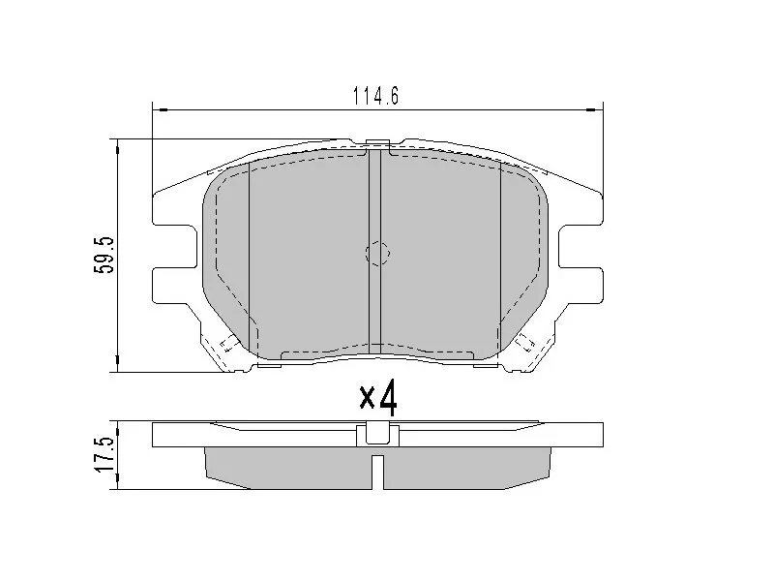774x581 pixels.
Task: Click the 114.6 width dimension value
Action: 376,96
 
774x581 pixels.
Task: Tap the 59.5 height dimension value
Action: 105,255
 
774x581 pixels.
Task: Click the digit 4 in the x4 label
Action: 386,396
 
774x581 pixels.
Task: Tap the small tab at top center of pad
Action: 377,145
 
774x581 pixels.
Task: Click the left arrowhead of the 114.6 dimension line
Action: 160,108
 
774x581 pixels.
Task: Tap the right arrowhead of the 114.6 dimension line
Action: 596,108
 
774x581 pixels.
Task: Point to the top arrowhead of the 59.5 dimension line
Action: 117,145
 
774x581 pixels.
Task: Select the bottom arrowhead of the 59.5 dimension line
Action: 117,365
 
